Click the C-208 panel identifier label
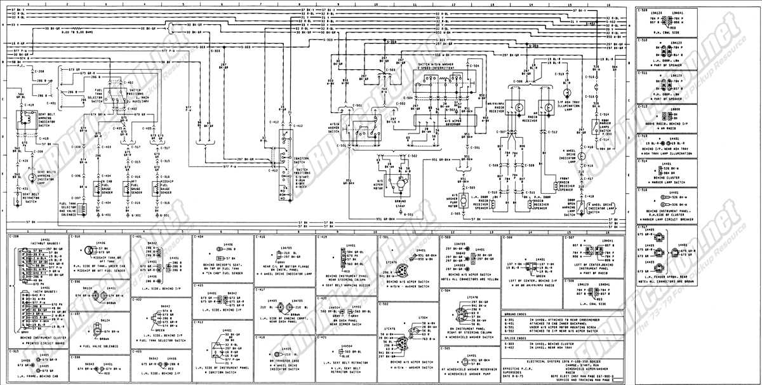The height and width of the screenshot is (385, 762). tap(14, 236)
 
